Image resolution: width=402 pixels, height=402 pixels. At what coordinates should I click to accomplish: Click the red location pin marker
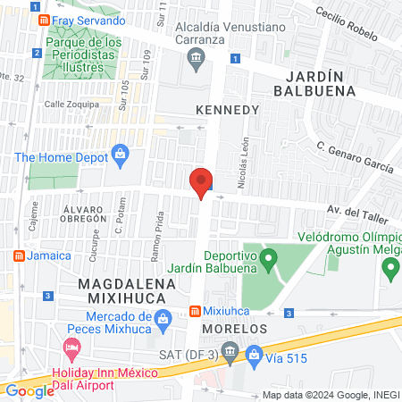[202, 183]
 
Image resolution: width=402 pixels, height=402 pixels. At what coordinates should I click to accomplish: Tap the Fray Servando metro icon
[43, 21]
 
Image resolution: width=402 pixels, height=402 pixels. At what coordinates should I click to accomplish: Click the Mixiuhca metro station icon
[195, 312]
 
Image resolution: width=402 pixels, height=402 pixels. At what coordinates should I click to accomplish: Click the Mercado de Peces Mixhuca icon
[163, 319]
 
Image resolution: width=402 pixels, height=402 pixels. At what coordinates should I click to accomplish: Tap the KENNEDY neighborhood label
[227, 109]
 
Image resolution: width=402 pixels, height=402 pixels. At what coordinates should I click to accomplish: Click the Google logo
[29, 389]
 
